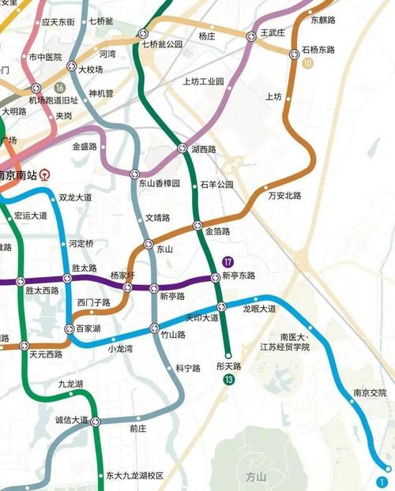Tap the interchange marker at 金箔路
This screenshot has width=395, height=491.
pyautogui.click(x=198, y=225)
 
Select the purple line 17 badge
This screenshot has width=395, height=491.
pyautogui.click(x=228, y=262)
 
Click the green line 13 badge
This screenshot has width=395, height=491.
pyautogui.click(x=228, y=380)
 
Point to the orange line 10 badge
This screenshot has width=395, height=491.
pyautogui.click(x=307, y=63)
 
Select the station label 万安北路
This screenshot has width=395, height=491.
pyautogui.click(x=285, y=195)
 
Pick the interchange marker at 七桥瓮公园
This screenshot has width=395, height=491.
pyautogui.click(x=143, y=34)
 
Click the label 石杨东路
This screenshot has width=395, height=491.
pyautogui.click(x=318, y=50)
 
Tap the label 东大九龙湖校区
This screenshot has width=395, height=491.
pyautogui.click(x=135, y=476)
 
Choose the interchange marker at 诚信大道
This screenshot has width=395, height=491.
pyautogui.click(x=95, y=422)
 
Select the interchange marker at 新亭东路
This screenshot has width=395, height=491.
pyautogui.click(x=214, y=277)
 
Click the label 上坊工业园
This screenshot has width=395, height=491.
pyautogui.click(x=203, y=81)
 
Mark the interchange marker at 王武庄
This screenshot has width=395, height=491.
pyautogui.click(x=254, y=35)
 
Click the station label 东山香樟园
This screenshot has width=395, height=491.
pyautogui.click(x=160, y=183)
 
